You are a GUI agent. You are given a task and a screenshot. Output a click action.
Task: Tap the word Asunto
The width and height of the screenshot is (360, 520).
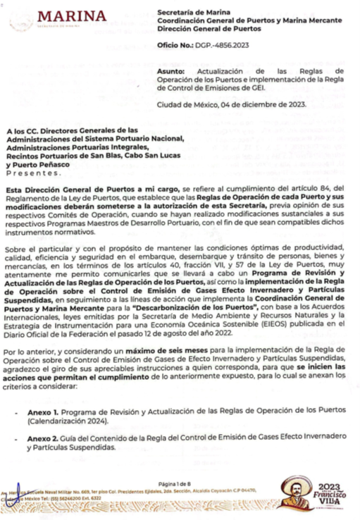pyautogui.click(x=173, y=72)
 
